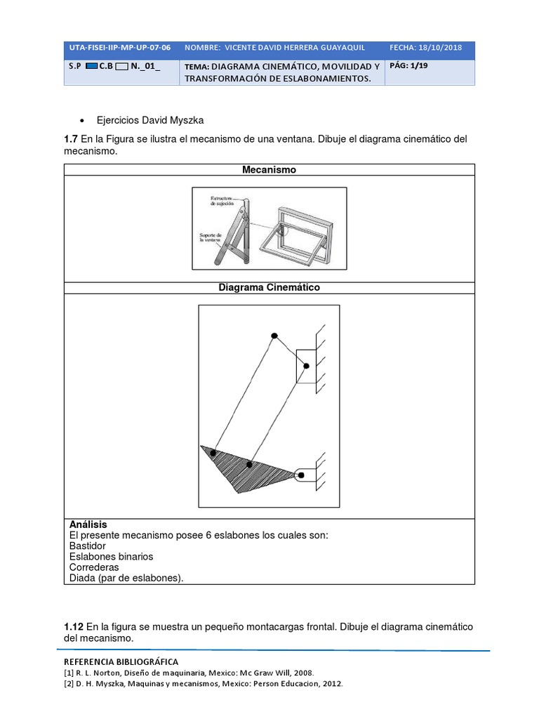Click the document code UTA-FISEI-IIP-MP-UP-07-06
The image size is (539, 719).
coord(119,47)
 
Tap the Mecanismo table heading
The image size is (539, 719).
coord(269,170)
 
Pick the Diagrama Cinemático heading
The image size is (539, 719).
coord(269,288)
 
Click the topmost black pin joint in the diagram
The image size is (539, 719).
coord(274,336)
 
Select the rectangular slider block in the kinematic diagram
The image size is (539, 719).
coord(306,366)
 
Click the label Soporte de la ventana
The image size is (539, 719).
coord(210,237)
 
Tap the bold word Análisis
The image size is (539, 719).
coord(88,525)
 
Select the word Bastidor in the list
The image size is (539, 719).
coord(88,546)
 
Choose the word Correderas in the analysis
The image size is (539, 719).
coord(94,567)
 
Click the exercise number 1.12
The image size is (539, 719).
coord(74,626)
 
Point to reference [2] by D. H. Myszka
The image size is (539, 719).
coord(204,683)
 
